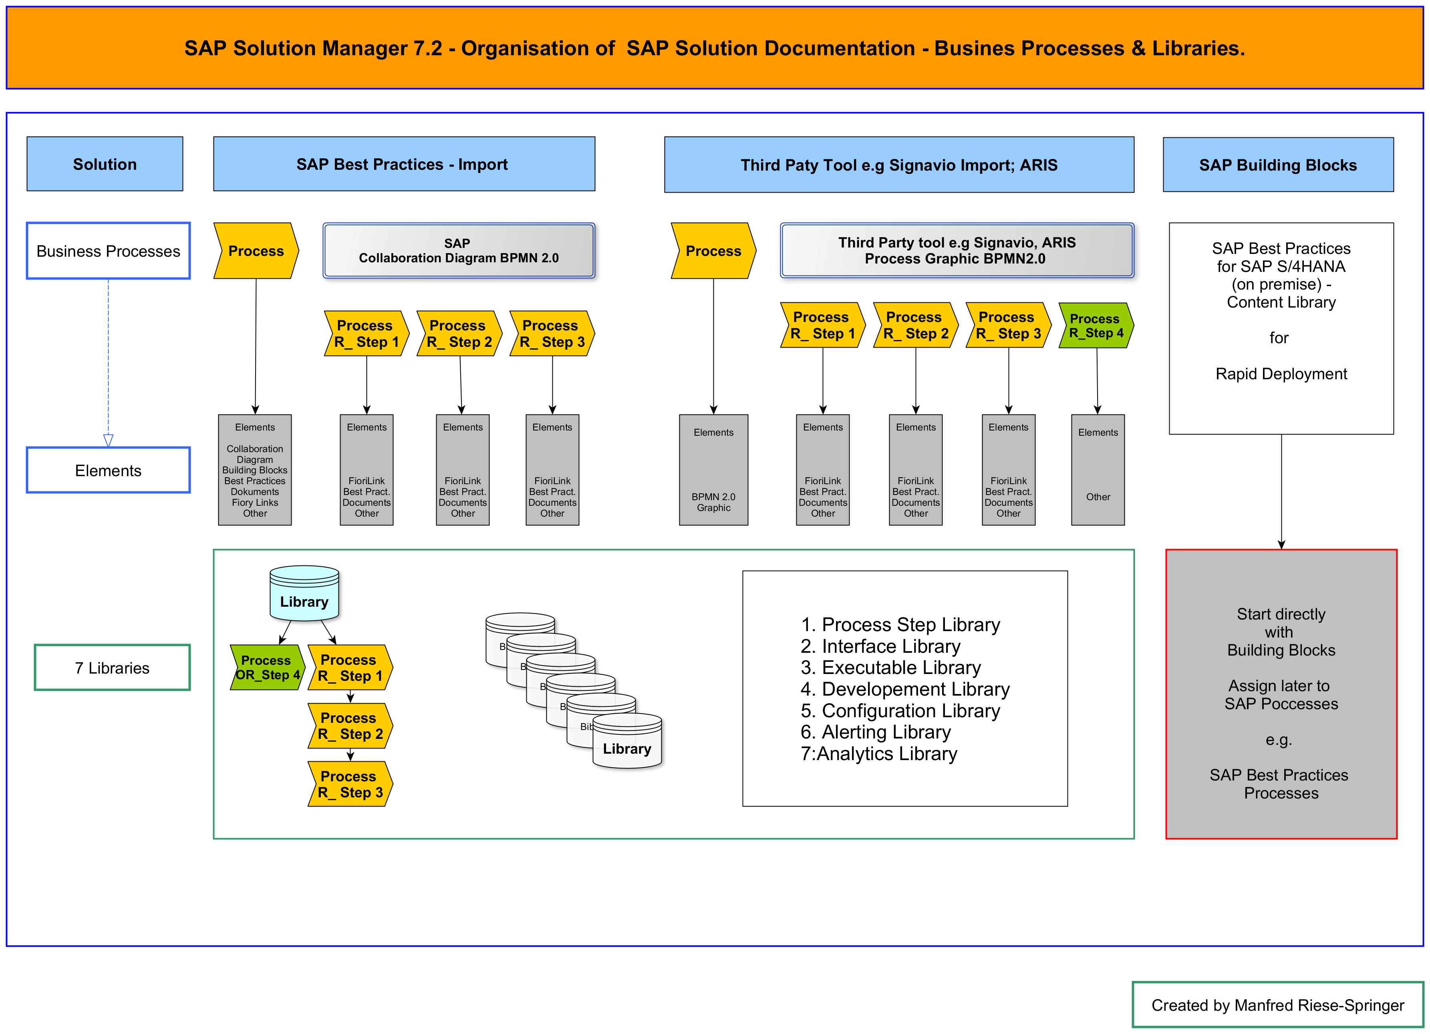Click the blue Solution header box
point(105,164)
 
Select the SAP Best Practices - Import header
point(403,164)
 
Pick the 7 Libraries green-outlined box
point(112,668)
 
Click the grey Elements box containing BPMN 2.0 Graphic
point(713,470)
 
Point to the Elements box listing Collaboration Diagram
point(255,470)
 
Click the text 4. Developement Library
point(905,689)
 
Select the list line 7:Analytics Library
point(879,754)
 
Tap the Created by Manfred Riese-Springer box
point(1277,1005)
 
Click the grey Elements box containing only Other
point(1097,470)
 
